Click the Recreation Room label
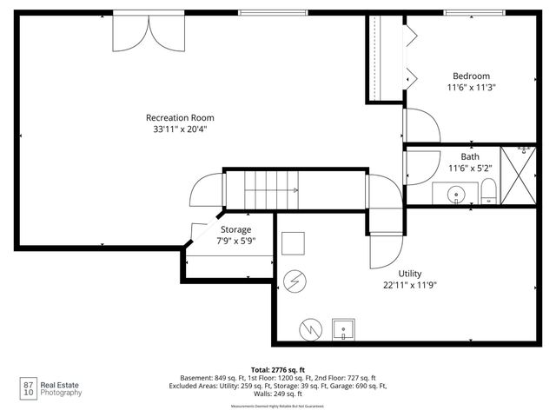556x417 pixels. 180,117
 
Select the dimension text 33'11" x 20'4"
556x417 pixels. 180,129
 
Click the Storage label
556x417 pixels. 235,229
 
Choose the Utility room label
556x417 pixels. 409,273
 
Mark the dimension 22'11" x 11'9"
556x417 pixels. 409,284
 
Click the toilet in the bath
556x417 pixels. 488,190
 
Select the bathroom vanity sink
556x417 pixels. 455,193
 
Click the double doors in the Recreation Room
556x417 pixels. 146,34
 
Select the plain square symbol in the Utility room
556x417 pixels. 293,242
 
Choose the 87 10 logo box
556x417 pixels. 28,387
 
